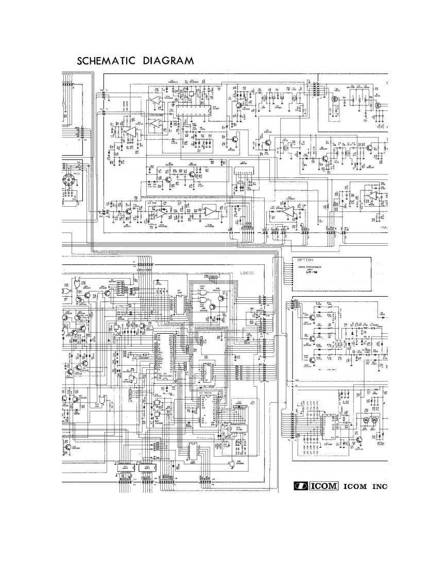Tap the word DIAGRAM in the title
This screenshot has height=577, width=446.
point(168,61)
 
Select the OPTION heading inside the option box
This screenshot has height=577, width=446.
point(305,260)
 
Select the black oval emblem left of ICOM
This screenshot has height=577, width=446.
point(300,486)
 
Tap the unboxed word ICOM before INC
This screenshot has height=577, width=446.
point(354,486)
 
